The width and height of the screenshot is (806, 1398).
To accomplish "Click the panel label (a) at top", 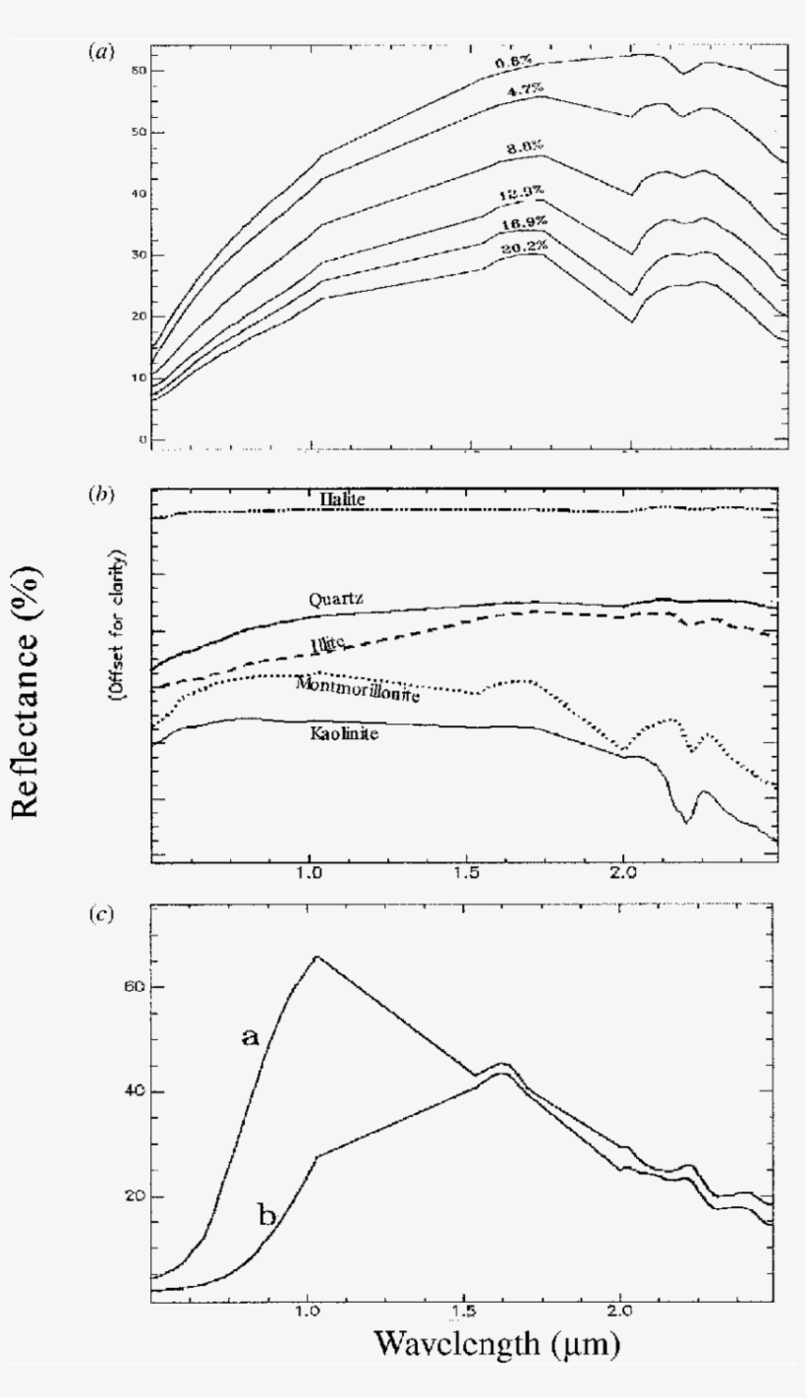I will click(x=100, y=53).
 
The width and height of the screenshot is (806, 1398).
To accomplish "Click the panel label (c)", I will click(x=100, y=914).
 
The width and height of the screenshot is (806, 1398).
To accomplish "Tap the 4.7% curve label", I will click(x=526, y=90).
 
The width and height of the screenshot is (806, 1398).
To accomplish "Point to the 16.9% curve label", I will click(x=524, y=223).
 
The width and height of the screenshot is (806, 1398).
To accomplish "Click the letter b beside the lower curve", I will click(x=266, y=1215).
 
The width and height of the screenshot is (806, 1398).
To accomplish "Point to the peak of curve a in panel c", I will click(x=317, y=957).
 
